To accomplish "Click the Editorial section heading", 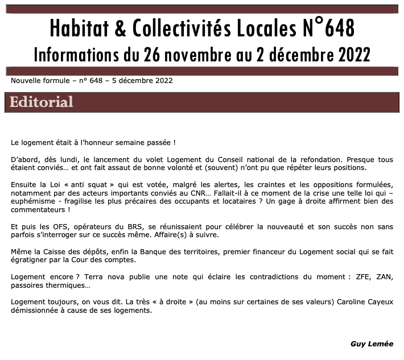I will click(x=42, y=102).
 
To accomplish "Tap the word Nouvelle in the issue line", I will click(x=26, y=81).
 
